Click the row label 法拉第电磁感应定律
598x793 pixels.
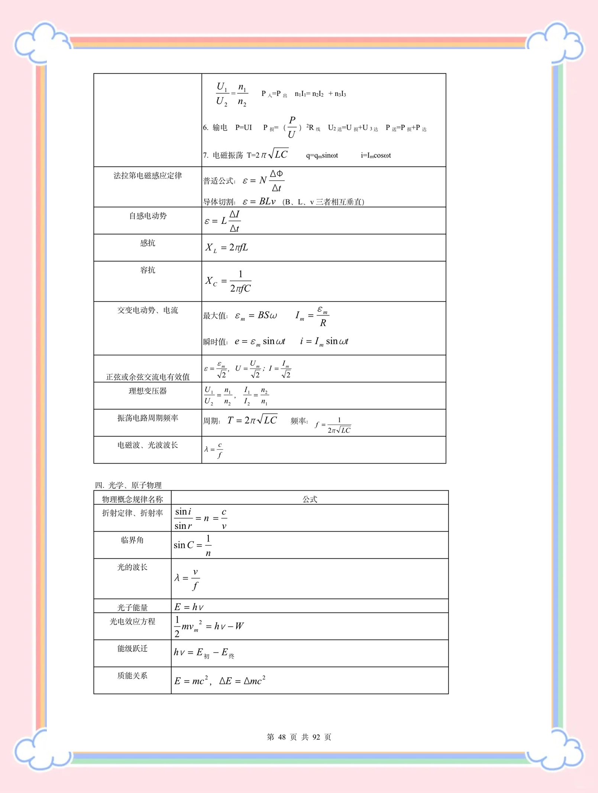(x=148, y=175)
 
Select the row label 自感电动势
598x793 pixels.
(x=148, y=216)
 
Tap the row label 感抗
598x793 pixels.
(x=148, y=243)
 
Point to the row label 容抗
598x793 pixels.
(x=148, y=270)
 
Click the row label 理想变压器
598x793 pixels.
(x=148, y=391)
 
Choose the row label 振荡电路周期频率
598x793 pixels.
(x=148, y=418)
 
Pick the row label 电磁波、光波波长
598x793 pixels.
(x=148, y=445)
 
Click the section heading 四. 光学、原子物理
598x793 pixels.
(x=128, y=485)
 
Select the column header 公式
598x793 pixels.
(x=310, y=499)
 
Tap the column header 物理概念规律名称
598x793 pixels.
(x=132, y=499)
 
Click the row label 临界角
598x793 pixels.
(x=132, y=540)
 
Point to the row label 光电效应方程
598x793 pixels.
(x=132, y=622)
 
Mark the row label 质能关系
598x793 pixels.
(x=132, y=676)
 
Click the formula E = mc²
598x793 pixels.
(x=191, y=681)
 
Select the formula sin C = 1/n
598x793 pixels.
(x=193, y=545)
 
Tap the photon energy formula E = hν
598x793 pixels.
(x=189, y=607)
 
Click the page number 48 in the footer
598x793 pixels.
(x=282, y=737)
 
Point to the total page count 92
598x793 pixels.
(x=316, y=737)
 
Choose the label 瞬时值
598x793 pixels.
(x=215, y=342)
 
